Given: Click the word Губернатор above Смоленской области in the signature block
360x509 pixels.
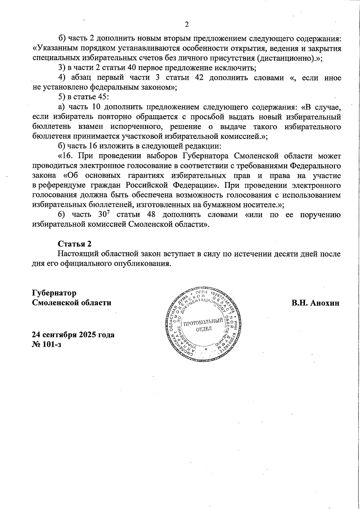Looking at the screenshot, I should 54,293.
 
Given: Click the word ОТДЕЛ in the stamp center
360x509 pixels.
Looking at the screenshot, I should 204,329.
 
